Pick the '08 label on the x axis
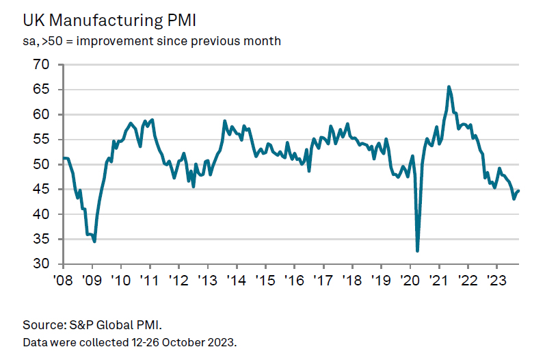[x=64, y=280]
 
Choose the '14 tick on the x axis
[x=237, y=280]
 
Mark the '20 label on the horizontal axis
[x=410, y=280]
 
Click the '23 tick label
[x=496, y=280]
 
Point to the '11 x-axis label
[x=150, y=280]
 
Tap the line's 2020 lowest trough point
[x=417, y=250]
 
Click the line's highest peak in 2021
[x=449, y=87]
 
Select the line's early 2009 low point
[x=94, y=241]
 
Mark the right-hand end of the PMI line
[x=518, y=191]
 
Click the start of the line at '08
[x=64, y=158]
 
